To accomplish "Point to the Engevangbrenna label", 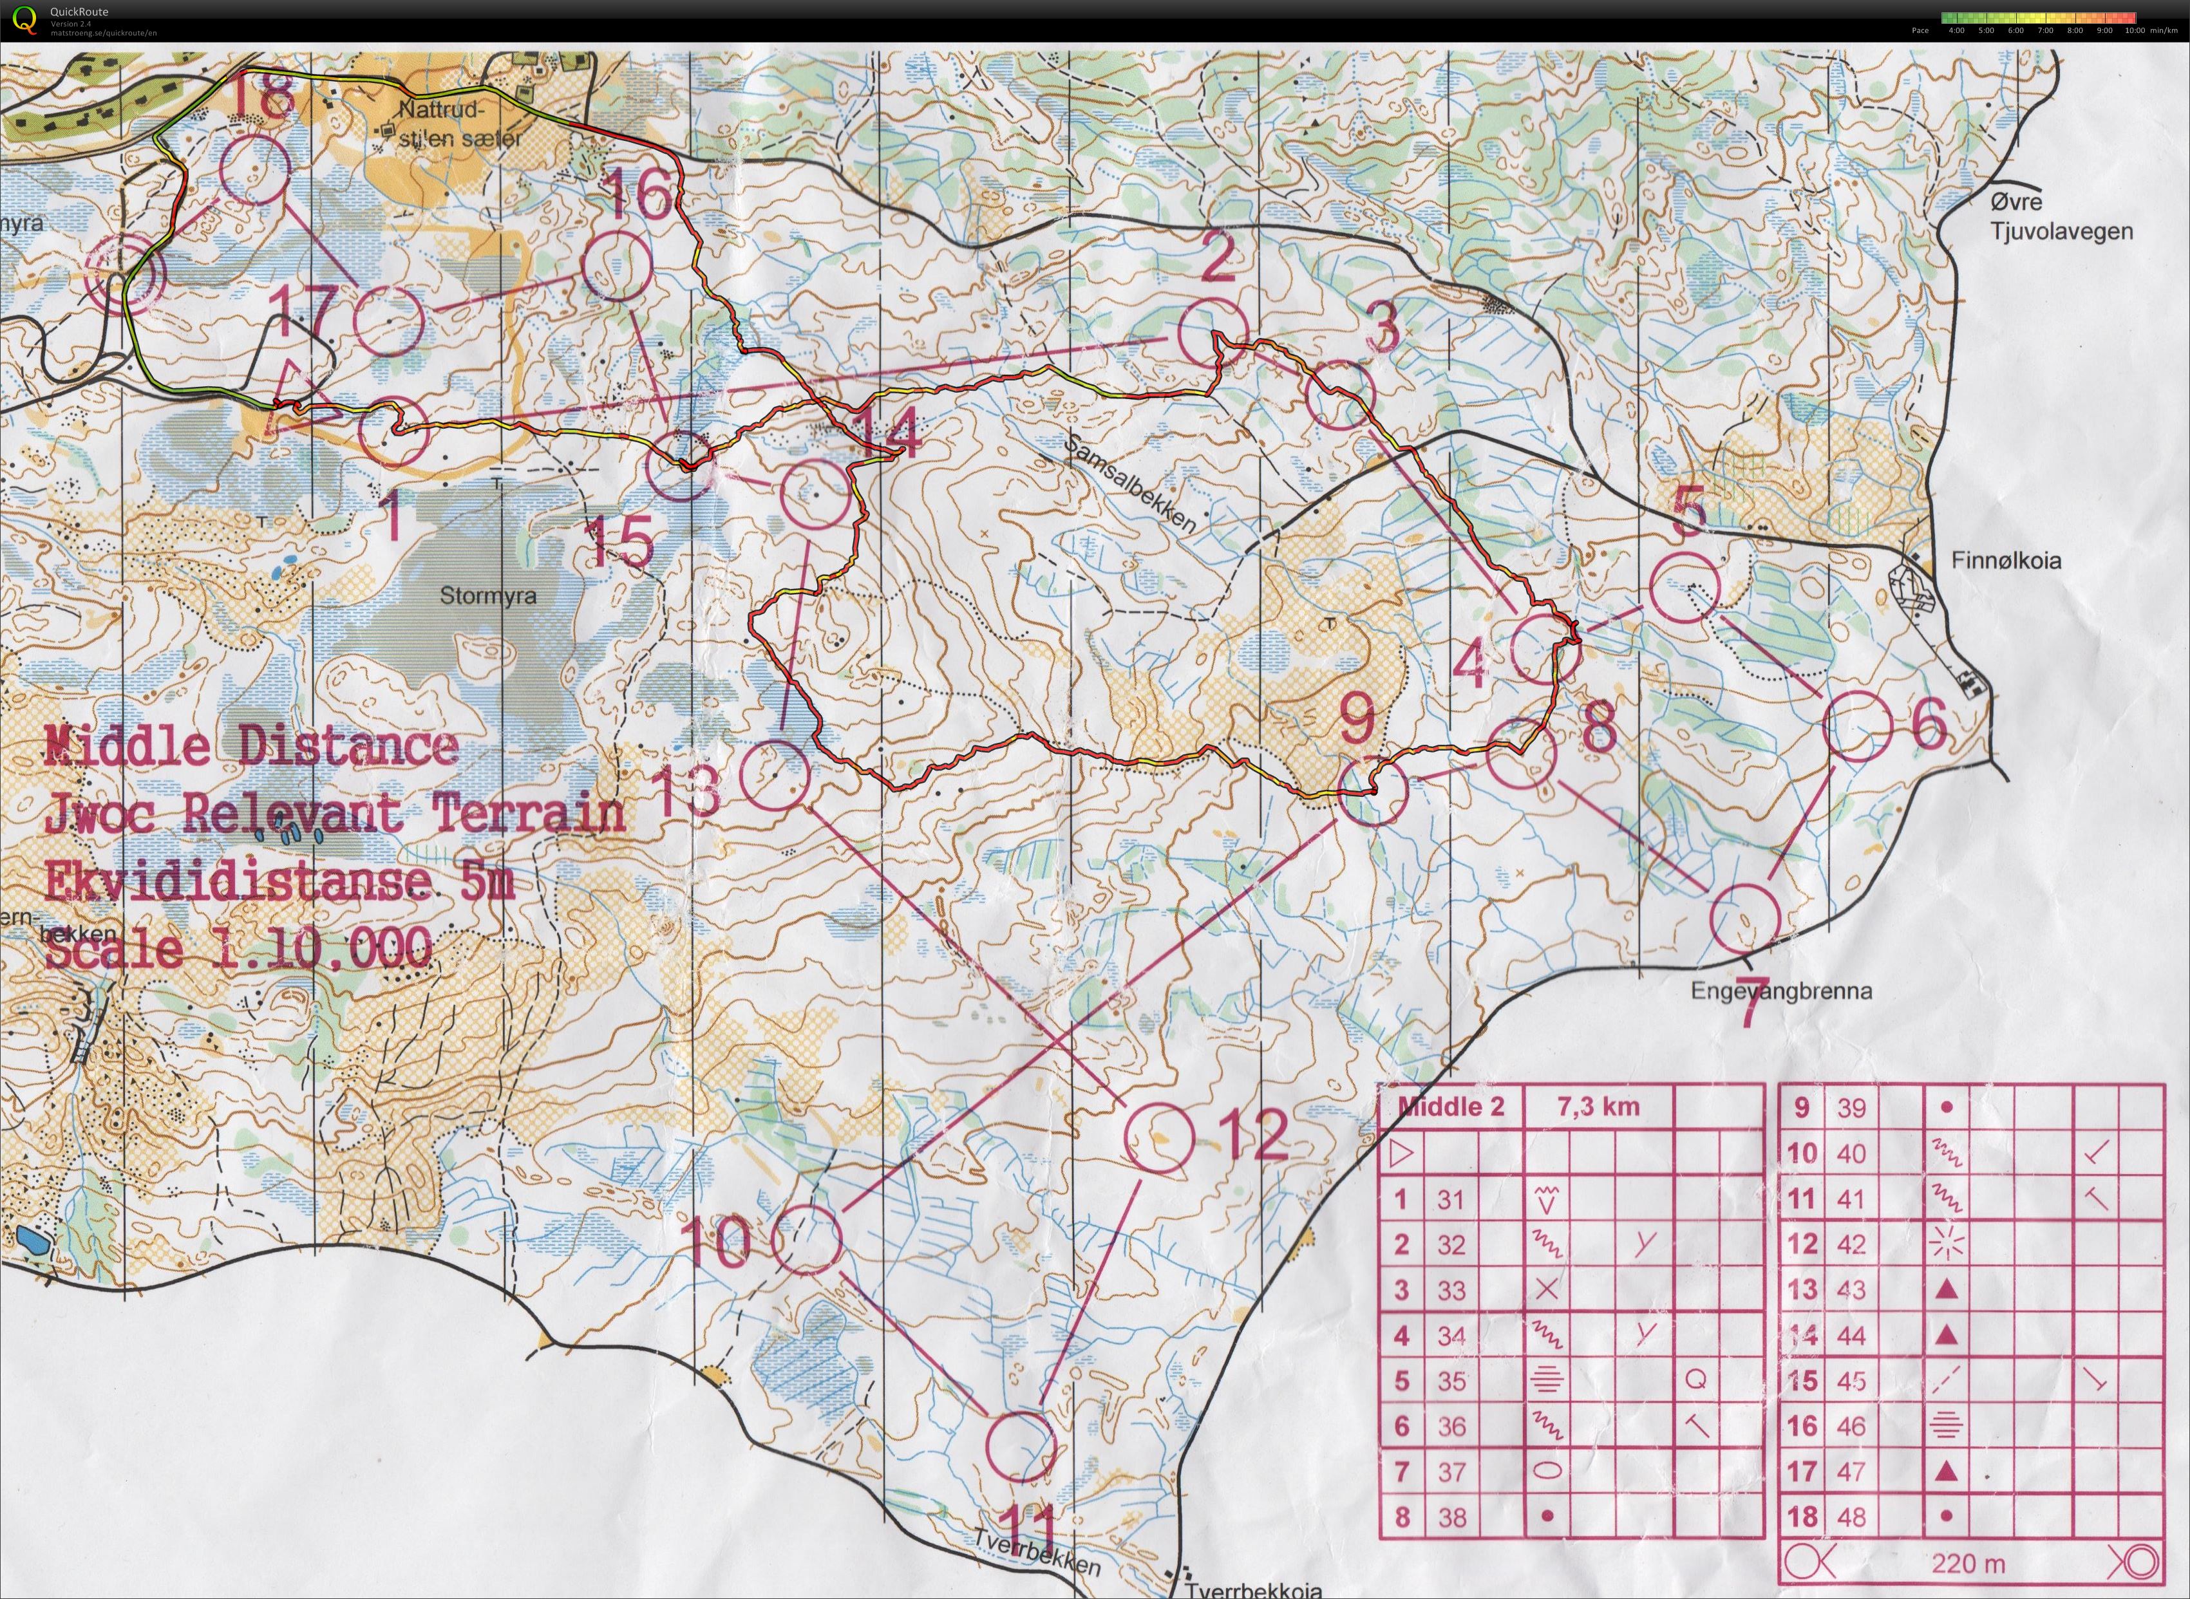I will [1782, 991].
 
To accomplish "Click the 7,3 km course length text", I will [1598, 1107].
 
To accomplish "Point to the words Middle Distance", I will [250, 747].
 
